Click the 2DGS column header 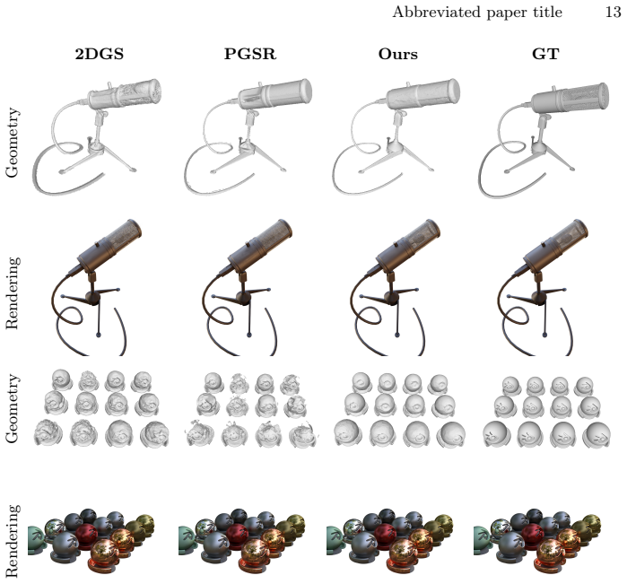(x=100, y=54)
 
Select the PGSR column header (x=250, y=54)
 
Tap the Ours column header (x=398, y=54)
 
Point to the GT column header (x=545, y=54)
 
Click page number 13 (x=613, y=12)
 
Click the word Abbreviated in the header (x=436, y=12)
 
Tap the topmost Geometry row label (x=12, y=143)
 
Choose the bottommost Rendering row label (x=12, y=541)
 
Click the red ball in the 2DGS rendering (x=87, y=535)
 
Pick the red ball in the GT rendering (x=532, y=535)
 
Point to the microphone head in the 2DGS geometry (x=125, y=95)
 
